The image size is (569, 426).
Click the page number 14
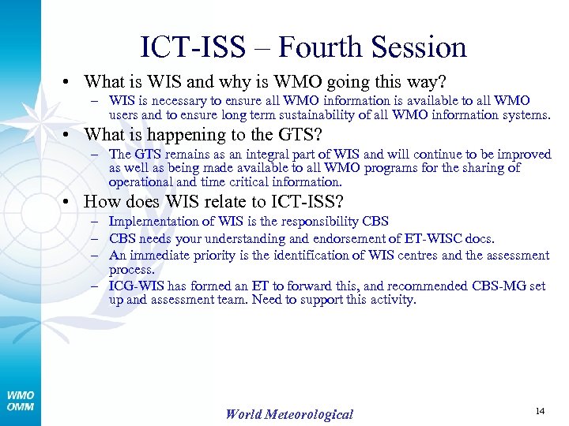coord(541,411)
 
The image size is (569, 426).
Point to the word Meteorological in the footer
coord(312,413)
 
